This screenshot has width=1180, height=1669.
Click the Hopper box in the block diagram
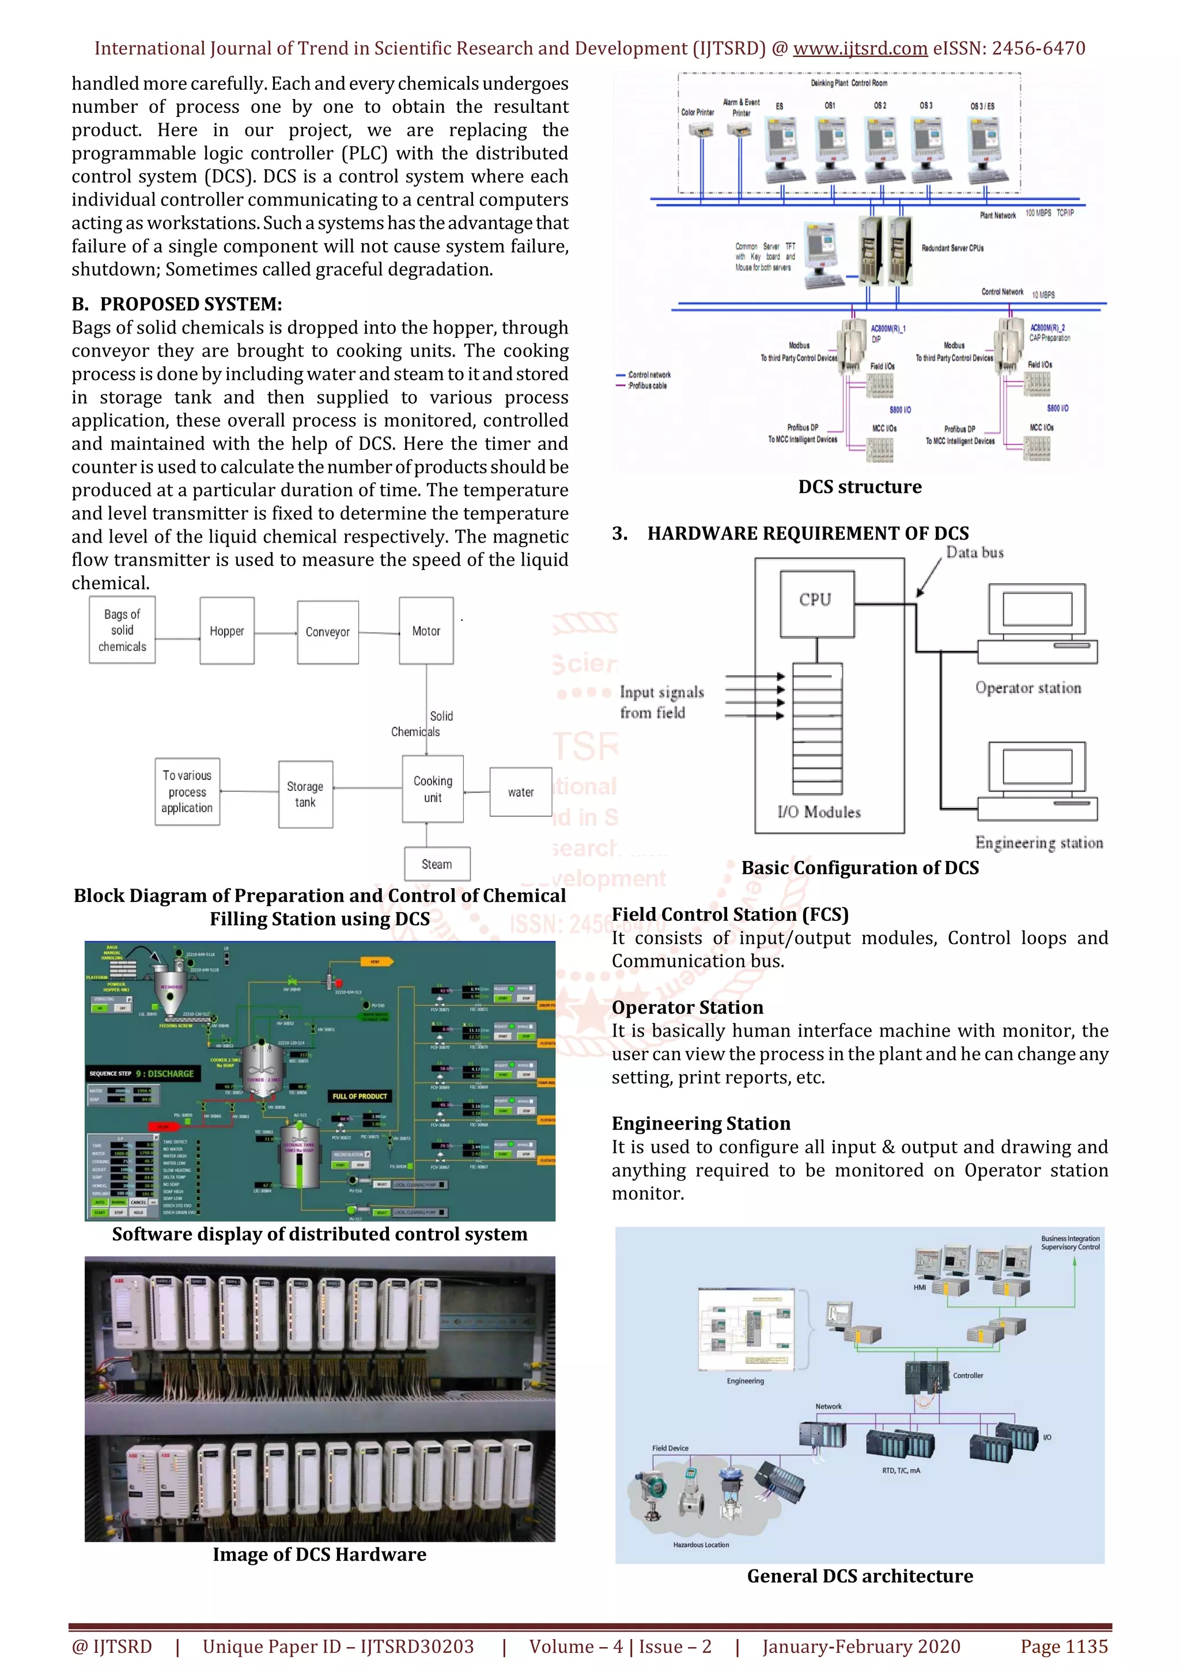[x=227, y=631]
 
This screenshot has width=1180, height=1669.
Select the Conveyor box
[x=327, y=632]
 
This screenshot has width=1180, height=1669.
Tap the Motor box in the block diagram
[x=426, y=631]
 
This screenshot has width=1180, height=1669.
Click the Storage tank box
[x=305, y=795]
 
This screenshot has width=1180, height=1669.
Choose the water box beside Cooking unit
[x=520, y=792]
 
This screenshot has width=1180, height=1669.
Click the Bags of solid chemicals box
[x=122, y=630]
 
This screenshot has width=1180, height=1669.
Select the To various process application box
[x=187, y=792]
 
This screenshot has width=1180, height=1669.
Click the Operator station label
[x=1028, y=688]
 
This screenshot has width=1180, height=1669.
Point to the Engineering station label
[x=1039, y=843]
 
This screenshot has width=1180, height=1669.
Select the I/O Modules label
[x=819, y=813]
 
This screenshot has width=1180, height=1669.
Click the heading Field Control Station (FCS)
[x=730, y=915]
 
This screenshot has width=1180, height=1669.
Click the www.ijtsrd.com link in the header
[x=860, y=49]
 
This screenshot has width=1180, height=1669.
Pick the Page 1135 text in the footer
[x=1064, y=1647]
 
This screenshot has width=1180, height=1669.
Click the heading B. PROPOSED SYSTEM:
[x=177, y=304]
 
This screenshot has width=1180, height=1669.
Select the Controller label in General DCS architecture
[x=968, y=1375]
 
